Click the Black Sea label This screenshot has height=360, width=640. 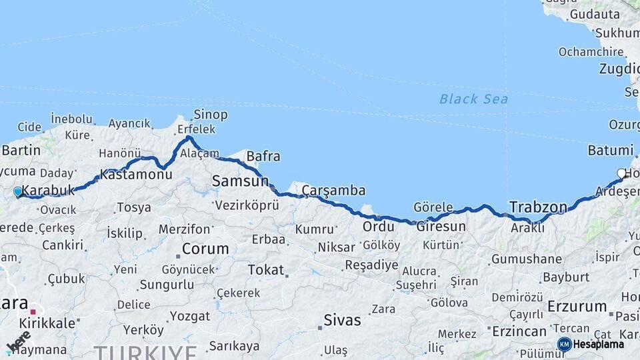coord(473,99)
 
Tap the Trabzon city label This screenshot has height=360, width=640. coord(538,207)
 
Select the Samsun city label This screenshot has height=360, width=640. coord(240,181)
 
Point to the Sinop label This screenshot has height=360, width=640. coord(211,115)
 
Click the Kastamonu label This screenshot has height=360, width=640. coord(136,175)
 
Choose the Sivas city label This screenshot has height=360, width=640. coord(342,320)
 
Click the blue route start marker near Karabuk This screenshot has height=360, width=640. coord(18,192)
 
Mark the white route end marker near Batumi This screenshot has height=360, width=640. coord(621,173)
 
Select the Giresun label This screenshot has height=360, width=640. coord(441,226)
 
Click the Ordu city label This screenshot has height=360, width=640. coord(378,227)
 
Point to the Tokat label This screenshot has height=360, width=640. coord(265,270)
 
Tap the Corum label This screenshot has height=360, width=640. coord(205,249)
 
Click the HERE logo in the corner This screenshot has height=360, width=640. coord(19,341)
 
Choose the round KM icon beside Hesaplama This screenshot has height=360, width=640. coord(565,344)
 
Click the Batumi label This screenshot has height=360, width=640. coord(611,150)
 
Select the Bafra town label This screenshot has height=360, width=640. coord(263,157)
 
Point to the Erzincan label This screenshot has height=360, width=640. coord(518,331)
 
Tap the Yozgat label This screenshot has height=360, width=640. coord(190,315)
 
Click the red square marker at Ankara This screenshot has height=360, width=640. coord(33,311)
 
